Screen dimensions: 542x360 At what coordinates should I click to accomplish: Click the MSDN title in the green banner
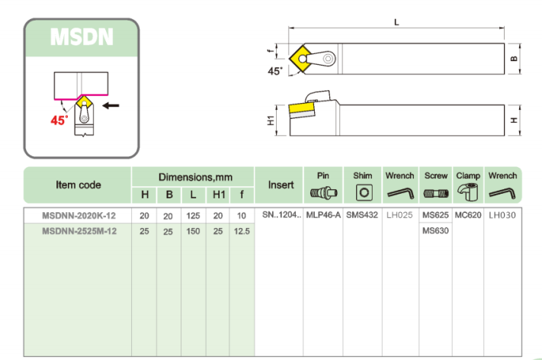(82, 37)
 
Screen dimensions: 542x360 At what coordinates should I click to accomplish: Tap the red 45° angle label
(59, 121)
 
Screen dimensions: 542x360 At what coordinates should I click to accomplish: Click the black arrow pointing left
(111, 105)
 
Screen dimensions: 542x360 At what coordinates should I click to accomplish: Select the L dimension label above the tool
(396, 22)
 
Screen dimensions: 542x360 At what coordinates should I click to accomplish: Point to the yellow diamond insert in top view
(300, 59)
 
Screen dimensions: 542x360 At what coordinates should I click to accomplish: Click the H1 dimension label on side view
(271, 121)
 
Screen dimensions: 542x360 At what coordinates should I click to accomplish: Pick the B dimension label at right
(514, 59)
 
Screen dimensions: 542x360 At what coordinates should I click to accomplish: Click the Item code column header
(79, 185)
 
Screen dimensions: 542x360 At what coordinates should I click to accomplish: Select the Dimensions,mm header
(195, 178)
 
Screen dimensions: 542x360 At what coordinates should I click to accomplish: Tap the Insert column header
(281, 185)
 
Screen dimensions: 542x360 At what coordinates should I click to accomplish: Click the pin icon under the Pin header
(323, 193)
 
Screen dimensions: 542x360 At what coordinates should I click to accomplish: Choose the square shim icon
(364, 193)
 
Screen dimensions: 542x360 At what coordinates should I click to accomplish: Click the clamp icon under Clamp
(468, 192)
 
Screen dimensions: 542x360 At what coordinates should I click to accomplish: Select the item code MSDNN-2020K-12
(79, 216)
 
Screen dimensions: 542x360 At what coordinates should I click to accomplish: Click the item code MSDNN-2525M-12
(79, 231)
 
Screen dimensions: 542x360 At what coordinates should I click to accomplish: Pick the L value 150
(193, 231)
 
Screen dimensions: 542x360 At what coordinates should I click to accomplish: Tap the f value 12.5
(242, 231)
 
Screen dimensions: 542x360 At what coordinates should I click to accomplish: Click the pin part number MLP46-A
(323, 215)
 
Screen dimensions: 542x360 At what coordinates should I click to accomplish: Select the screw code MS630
(435, 230)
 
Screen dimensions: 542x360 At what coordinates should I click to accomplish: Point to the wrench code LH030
(502, 215)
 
